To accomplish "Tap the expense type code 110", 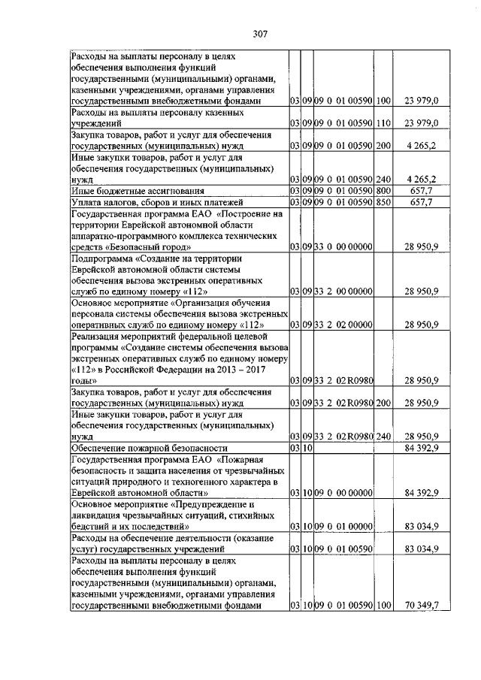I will tap(383, 123).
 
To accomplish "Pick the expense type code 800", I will tap(383, 191).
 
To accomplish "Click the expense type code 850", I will tap(383, 202).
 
